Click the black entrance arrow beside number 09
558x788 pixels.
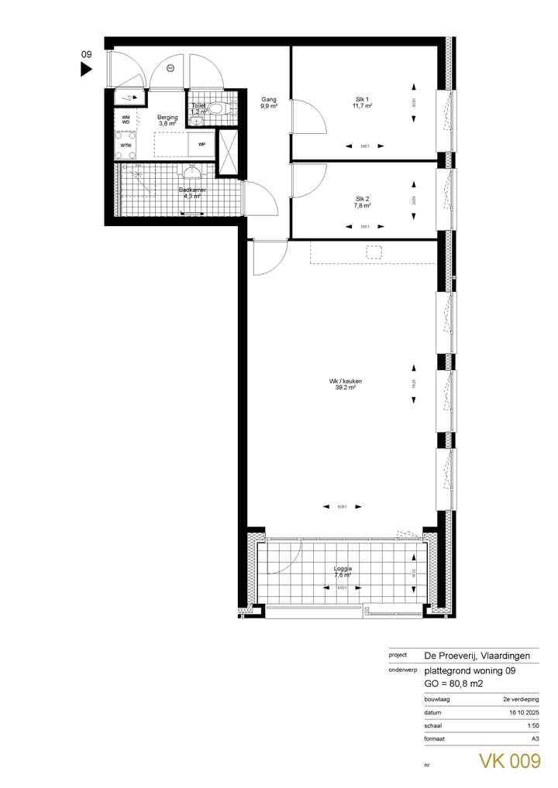pyautogui.click(x=87, y=70)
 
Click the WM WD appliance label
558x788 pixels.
pyautogui.click(x=125, y=119)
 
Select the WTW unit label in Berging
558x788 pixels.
pyautogui.click(x=125, y=146)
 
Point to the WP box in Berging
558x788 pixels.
pyautogui.click(x=201, y=144)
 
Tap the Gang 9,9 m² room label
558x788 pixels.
pyautogui.click(x=269, y=103)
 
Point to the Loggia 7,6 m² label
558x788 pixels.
pyautogui.click(x=342, y=571)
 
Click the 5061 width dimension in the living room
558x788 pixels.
pyautogui.click(x=342, y=507)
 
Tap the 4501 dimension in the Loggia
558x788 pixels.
pyautogui.click(x=342, y=588)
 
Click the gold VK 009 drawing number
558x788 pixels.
pyautogui.click(x=508, y=761)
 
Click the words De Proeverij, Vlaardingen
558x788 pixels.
pyautogui.click(x=477, y=655)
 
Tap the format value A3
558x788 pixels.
pyautogui.click(x=534, y=739)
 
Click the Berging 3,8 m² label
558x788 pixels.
pyautogui.click(x=167, y=120)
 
